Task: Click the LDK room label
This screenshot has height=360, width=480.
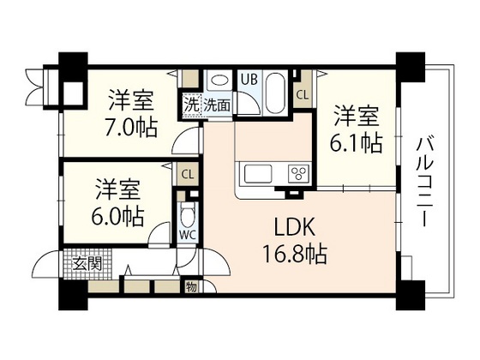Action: point(295,227)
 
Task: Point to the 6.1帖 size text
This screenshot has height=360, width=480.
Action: point(357,141)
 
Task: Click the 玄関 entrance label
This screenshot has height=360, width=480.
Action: point(87,262)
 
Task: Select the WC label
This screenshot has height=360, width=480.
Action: point(188,233)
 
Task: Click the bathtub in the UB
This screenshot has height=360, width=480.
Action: point(277,90)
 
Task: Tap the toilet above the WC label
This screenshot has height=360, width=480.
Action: point(189,212)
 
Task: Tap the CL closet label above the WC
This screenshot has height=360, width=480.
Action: point(187,174)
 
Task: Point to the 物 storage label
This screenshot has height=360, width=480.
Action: point(191,286)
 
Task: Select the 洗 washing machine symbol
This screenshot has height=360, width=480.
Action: point(193,105)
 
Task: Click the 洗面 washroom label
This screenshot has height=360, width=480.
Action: point(218,106)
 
